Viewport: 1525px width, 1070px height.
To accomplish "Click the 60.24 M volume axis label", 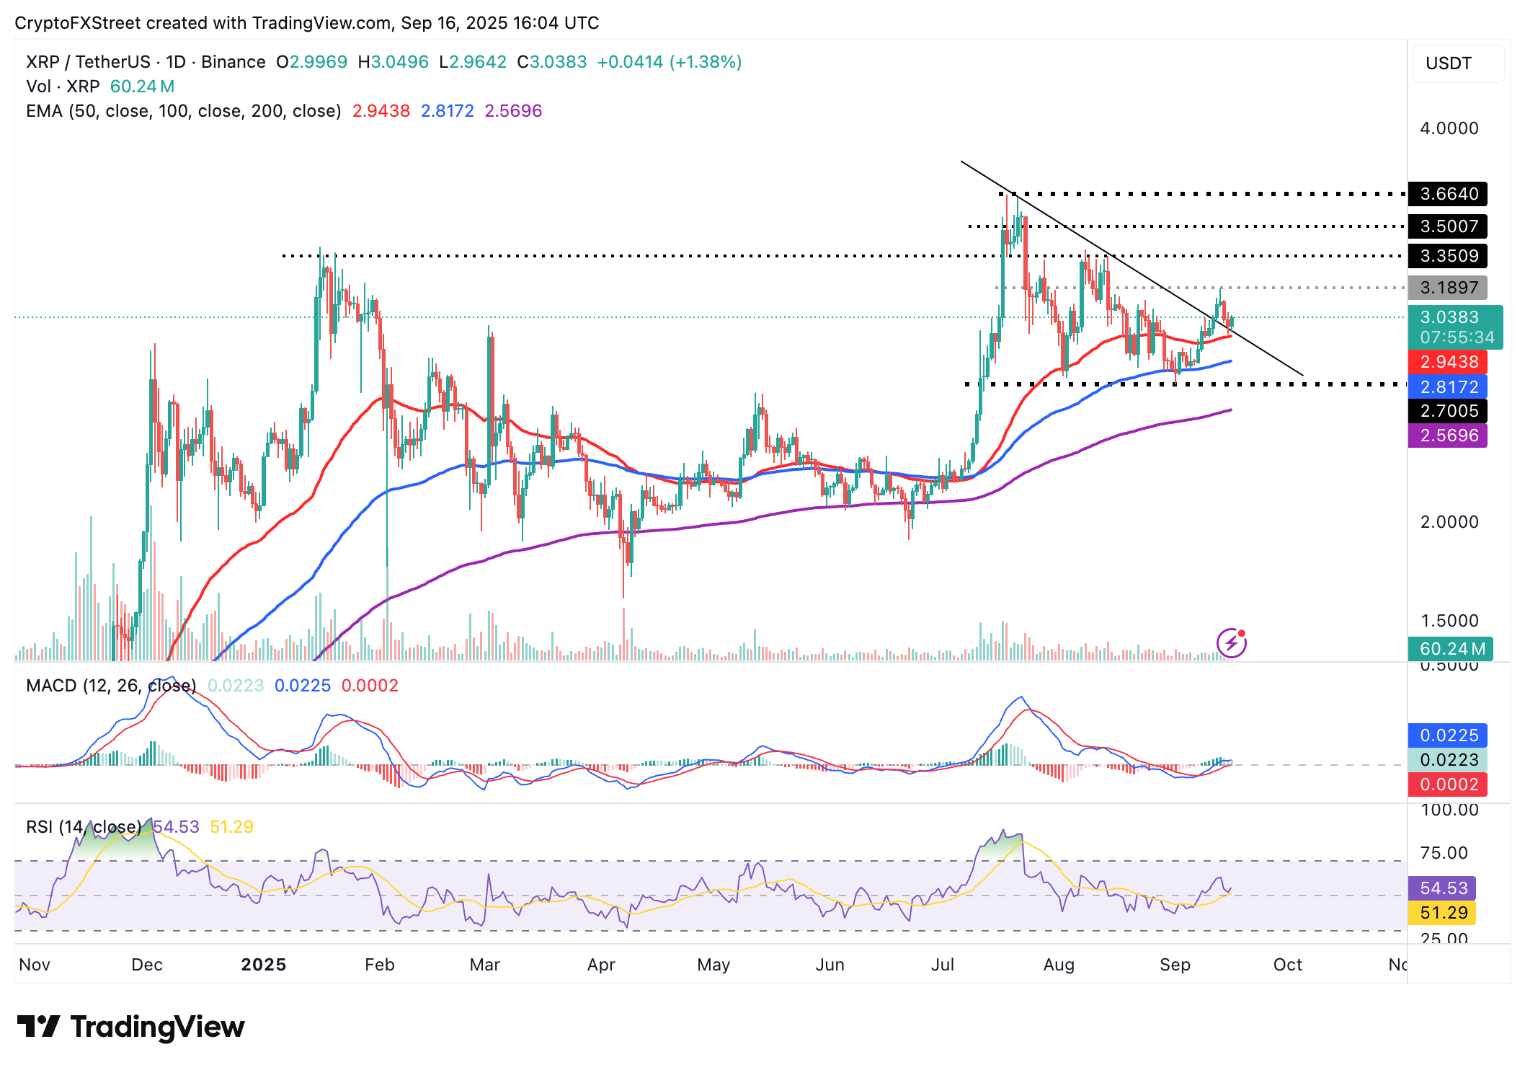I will pos(1451,649).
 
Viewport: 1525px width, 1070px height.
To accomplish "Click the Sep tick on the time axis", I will pos(1175,965).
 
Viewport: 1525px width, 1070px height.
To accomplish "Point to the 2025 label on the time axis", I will pos(264,965).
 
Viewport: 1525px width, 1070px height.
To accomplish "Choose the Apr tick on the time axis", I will pos(601,965).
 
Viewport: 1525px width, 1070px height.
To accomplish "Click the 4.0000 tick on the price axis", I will pos(1449,128).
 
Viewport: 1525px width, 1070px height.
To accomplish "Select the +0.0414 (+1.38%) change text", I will pos(669,62).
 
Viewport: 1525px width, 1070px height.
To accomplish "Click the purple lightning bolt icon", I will pos(1231,642).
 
